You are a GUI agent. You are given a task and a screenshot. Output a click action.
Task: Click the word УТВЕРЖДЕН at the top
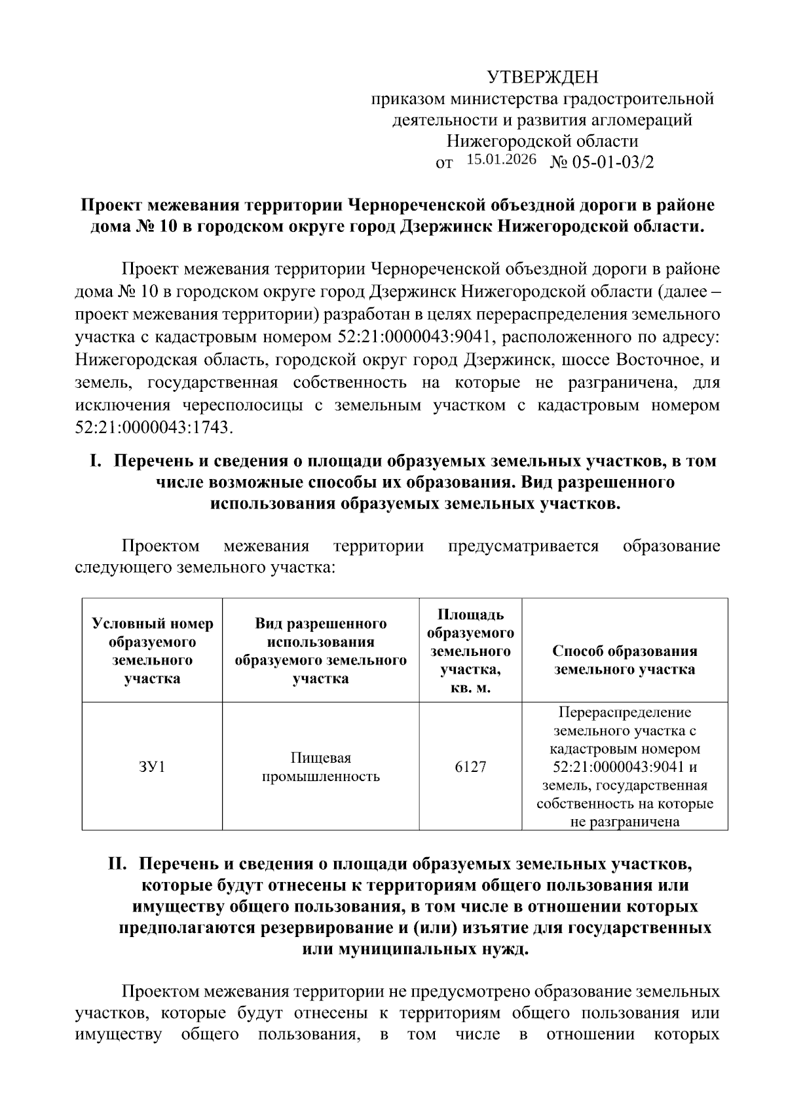point(542,78)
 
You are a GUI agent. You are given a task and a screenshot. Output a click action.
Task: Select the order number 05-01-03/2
point(613,162)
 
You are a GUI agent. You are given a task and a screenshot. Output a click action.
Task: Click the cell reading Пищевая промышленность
point(321,767)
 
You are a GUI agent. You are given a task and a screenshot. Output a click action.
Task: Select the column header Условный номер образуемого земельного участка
point(152,651)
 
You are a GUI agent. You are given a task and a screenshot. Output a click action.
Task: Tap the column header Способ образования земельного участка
point(624,660)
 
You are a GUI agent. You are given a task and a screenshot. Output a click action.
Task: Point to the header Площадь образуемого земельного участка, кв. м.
point(470,651)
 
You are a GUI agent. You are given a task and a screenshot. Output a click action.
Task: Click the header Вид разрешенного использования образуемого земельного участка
point(321,651)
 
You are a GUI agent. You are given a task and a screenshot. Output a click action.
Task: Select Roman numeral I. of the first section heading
point(96,461)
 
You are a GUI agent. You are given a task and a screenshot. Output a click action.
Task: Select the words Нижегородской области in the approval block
point(542,141)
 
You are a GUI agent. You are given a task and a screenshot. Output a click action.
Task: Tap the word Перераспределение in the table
point(624,712)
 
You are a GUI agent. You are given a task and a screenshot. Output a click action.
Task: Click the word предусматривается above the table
point(523,546)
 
